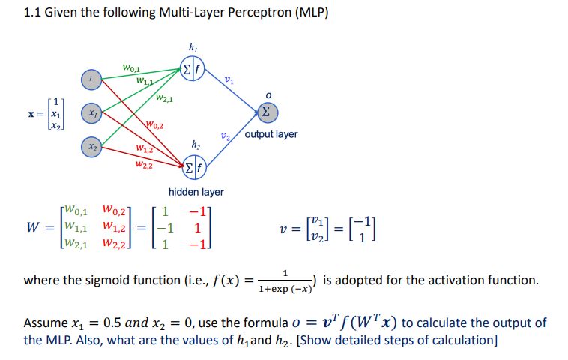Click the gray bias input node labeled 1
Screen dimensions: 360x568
(x=91, y=78)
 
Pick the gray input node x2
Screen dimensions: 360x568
(x=91, y=148)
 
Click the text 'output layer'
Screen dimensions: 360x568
(x=271, y=134)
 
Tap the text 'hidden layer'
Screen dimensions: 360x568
(x=196, y=192)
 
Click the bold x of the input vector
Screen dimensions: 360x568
(x=31, y=116)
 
